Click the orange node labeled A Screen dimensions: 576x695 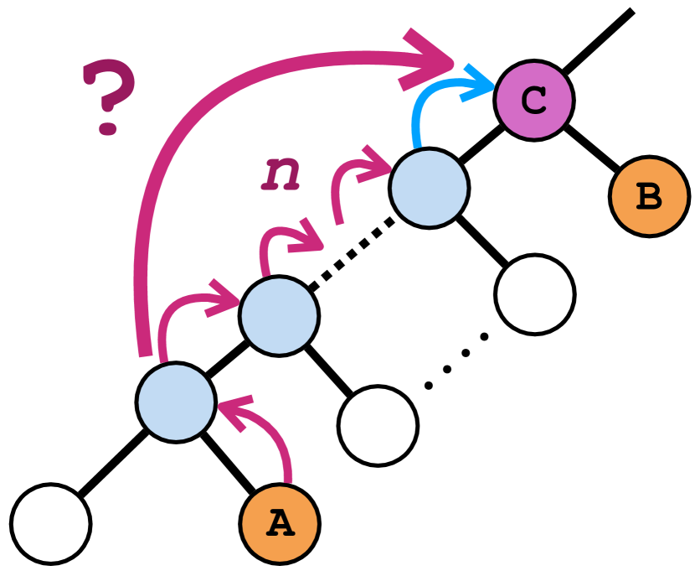tap(280, 523)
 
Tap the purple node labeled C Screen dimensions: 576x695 tap(533, 100)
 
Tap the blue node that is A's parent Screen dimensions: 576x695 tap(176, 402)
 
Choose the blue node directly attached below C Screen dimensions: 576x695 tap(430, 188)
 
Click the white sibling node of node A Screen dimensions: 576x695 tap(50, 523)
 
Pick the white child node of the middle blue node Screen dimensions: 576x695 tap(378, 425)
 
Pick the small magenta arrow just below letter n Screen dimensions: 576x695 tap(289, 238)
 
